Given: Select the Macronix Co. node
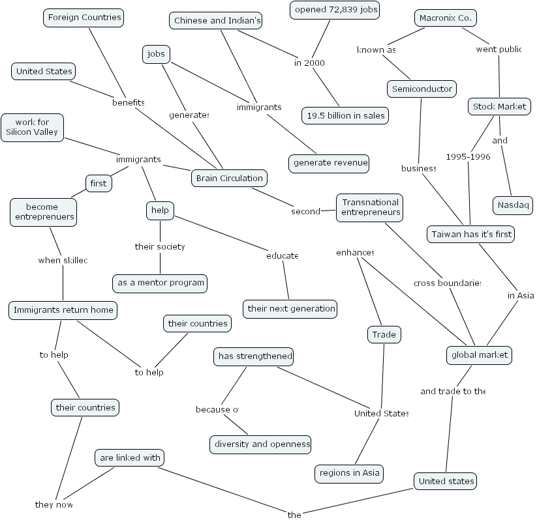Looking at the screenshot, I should point(445,18).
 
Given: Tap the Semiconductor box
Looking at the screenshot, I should point(422,89).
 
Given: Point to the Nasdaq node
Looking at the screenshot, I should point(512,205).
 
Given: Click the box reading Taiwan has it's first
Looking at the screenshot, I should point(471,234).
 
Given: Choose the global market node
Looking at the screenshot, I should point(478,355).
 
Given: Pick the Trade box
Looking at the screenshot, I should point(384,335).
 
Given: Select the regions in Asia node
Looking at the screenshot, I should point(348,473).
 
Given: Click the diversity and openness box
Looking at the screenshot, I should point(260,444).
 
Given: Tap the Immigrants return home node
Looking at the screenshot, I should point(63,310).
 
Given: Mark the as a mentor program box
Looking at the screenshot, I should point(160,283).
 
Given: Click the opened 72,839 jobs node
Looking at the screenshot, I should point(335,10).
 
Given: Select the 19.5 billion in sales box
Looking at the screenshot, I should point(346,116).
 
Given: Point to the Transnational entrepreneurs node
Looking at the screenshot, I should point(371,207).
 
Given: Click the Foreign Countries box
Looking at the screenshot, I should point(85,18).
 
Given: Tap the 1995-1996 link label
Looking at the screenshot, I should point(467,156).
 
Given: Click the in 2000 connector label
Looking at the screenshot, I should point(309,63).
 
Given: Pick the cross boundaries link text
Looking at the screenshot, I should point(447,283).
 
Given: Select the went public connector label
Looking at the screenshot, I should point(497,50).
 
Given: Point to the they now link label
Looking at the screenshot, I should point(54,504).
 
